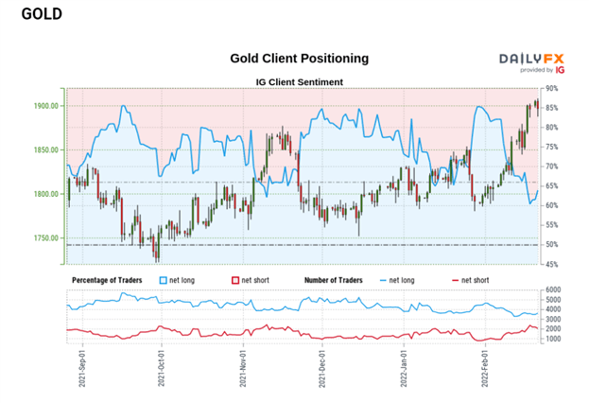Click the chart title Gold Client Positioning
(x=300, y=59)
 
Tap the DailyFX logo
(x=531, y=61)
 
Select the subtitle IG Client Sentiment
(x=300, y=81)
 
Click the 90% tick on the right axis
(x=552, y=89)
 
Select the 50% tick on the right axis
(x=552, y=245)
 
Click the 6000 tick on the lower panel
(x=554, y=290)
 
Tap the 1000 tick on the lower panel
(x=554, y=338)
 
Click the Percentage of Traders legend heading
(x=111, y=280)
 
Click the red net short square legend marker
(x=235, y=280)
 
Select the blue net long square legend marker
(x=163, y=280)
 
